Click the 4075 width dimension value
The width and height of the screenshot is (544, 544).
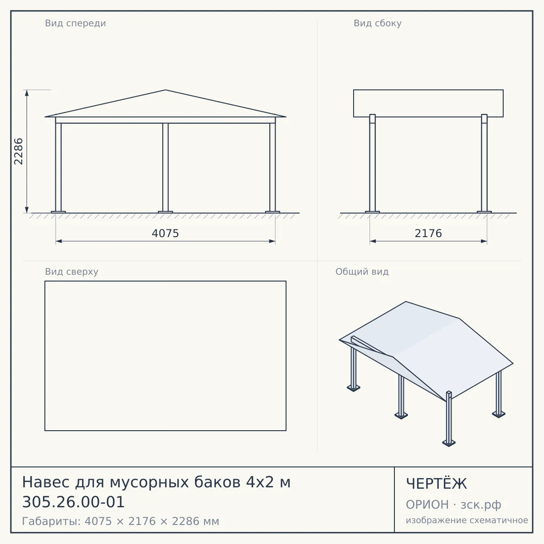pyautogui.click(x=165, y=233)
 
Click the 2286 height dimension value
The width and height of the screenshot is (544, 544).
pyautogui.click(x=18, y=151)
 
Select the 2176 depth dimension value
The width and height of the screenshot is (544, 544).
pyautogui.click(x=428, y=233)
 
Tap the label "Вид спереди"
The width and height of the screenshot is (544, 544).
pyautogui.click(x=75, y=23)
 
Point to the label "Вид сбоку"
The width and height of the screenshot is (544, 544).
pyautogui.click(x=378, y=23)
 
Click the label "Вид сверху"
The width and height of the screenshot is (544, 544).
pyautogui.click(x=72, y=272)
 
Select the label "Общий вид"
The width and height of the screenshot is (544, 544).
pyautogui.click(x=362, y=272)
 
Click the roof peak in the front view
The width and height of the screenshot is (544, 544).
pyautogui.click(x=165, y=90)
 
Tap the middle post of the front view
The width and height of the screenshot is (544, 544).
pyautogui.click(x=165, y=168)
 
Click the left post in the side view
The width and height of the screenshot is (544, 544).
pyautogui.click(x=372, y=163)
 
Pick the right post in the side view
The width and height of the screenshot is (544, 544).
pyautogui.click(x=484, y=163)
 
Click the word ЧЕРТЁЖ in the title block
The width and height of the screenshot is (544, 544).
pyautogui.click(x=437, y=484)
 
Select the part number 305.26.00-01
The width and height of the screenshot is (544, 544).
pyautogui.click(x=73, y=502)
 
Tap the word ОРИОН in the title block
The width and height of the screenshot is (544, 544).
pyautogui.click(x=427, y=505)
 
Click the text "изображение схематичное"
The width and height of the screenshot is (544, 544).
pyautogui.click(x=467, y=520)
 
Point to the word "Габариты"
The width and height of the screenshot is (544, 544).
pyautogui.click(x=51, y=521)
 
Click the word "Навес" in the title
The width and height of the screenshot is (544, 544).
pyautogui.click(x=46, y=482)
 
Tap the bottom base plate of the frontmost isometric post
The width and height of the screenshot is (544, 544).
pyautogui.click(x=449, y=443)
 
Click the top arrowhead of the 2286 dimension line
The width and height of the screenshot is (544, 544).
pyautogui.click(x=27, y=93)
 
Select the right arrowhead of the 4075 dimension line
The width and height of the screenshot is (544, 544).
pyautogui.click(x=272, y=241)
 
